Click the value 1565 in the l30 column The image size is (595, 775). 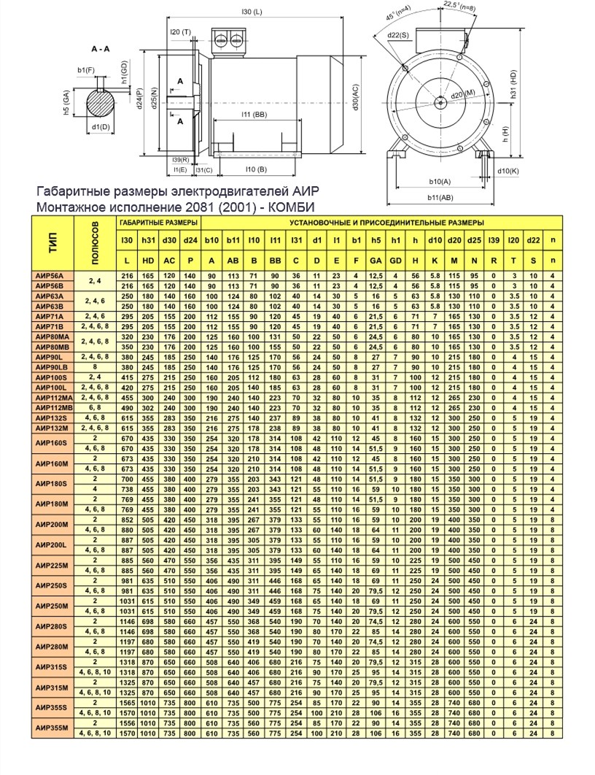tap(127, 702)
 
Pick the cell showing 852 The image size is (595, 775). tap(127, 519)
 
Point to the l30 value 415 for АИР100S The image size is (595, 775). tap(127, 377)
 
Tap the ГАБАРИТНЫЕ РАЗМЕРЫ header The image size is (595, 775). tap(158, 222)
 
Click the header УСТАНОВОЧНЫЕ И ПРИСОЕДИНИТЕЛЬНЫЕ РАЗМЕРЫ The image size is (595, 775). tap(386, 222)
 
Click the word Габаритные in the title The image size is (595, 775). tap(70, 191)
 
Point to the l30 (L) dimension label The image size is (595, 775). tap(251, 12)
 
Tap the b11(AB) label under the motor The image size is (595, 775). tap(440, 197)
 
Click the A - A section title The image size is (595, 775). tap(101, 49)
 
